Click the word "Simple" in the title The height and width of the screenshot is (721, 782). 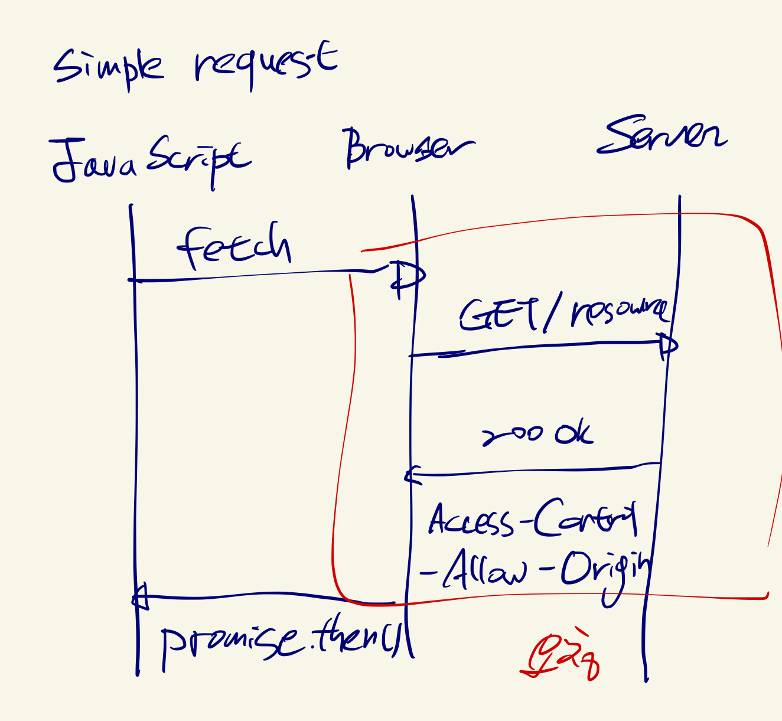click(x=108, y=66)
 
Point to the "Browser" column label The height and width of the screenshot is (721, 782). click(x=408, y=148)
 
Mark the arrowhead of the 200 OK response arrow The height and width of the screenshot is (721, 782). click(x=412, y=475)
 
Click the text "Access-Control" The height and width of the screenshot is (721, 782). click(x=532, y=520)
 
